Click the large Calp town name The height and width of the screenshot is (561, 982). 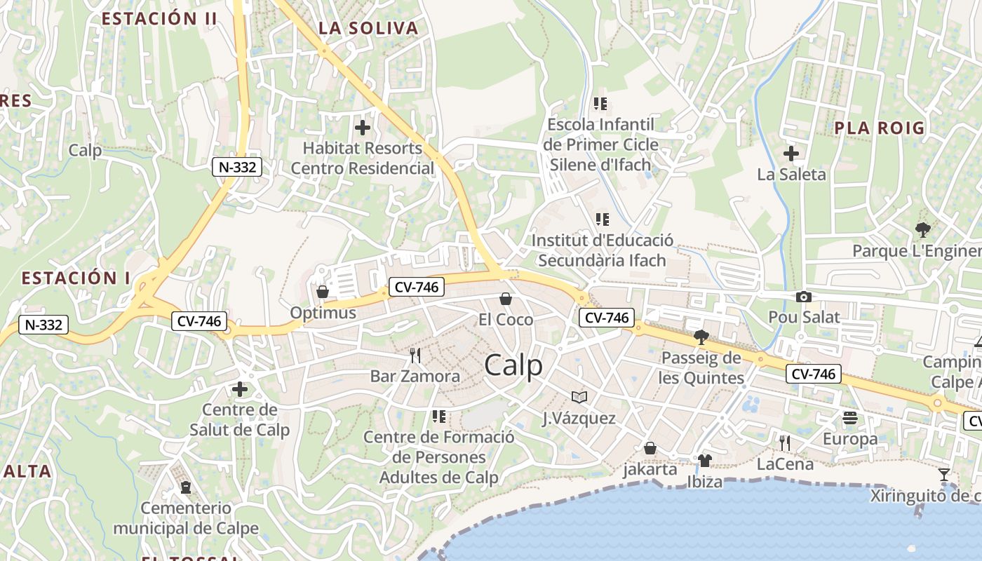tap(513, 365)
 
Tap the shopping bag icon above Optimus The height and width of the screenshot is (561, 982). tap(323, 291)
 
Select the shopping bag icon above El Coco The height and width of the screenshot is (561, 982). tap(506, 299)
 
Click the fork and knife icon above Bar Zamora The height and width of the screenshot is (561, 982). tap(415, 356)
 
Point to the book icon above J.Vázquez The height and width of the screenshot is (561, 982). tap(579, 398)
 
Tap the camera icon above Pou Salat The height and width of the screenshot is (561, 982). tap(804, 297)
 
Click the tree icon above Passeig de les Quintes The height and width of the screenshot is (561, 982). tap(701, 337)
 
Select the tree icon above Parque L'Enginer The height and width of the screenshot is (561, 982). tap(923, 229)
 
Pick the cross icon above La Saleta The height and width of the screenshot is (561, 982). tap(791, 153)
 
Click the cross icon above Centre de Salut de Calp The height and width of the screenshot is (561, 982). tap(240, 388)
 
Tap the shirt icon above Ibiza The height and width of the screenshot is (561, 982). tap(705, 461)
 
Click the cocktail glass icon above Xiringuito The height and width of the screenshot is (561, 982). tap(944, 475)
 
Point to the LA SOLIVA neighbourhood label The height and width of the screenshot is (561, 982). tap(368, 29)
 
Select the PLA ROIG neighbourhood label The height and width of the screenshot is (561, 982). tap(880, 128)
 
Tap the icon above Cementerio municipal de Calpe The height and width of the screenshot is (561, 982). tap(186, 487)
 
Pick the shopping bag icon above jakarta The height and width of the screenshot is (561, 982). tap(650, 448)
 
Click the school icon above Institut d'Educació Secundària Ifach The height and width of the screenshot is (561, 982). tap(601, 219)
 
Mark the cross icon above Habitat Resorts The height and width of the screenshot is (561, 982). tap(363, 128)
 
